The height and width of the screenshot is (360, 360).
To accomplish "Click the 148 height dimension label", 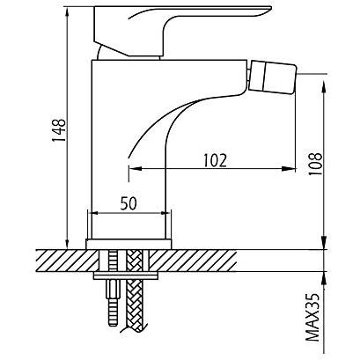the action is [59, 130].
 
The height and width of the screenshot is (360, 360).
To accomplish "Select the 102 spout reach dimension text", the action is [216, 160].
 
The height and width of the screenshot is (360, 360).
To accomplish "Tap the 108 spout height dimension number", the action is [315, 164].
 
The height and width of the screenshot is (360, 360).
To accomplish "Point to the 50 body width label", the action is [129, 203].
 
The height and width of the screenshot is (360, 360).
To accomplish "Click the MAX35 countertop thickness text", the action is [312, 318].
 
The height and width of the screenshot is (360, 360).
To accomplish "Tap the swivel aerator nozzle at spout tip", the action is [272, 77].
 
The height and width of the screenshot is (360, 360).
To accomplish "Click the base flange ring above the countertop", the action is [129, 244].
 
